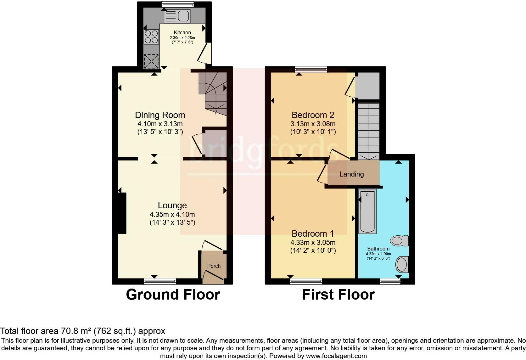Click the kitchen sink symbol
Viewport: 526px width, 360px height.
[x=177, y=16]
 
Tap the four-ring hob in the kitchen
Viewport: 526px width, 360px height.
[x=151, y=37]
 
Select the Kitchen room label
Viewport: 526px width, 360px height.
[x=182, y=32]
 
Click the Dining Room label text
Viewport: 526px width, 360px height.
[x=160, y=115]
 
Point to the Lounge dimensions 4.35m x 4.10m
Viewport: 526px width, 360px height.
[x=172, y=215]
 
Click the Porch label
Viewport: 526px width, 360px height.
[x=214, y=266]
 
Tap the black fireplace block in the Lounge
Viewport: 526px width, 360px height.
[x=122, y=213]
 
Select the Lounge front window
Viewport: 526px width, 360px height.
[x=160, y=281]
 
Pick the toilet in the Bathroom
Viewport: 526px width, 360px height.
[x=399, y=241]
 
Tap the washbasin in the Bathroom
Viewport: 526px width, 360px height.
[x=402, y=264]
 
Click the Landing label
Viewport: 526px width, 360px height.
[x=351, y=174]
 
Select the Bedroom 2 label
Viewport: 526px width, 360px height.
[x=313, y=115]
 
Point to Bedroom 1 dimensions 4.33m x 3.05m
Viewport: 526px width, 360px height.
[x=313, y=243]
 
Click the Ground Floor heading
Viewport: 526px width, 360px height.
[x=173, y=295]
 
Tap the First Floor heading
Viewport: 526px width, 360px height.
[x=338, y=295]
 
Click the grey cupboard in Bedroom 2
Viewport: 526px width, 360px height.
[x=367, y=86]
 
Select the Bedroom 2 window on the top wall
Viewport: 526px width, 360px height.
[x=311, y=70]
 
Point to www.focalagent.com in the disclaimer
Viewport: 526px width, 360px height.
[x=336, y=356]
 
